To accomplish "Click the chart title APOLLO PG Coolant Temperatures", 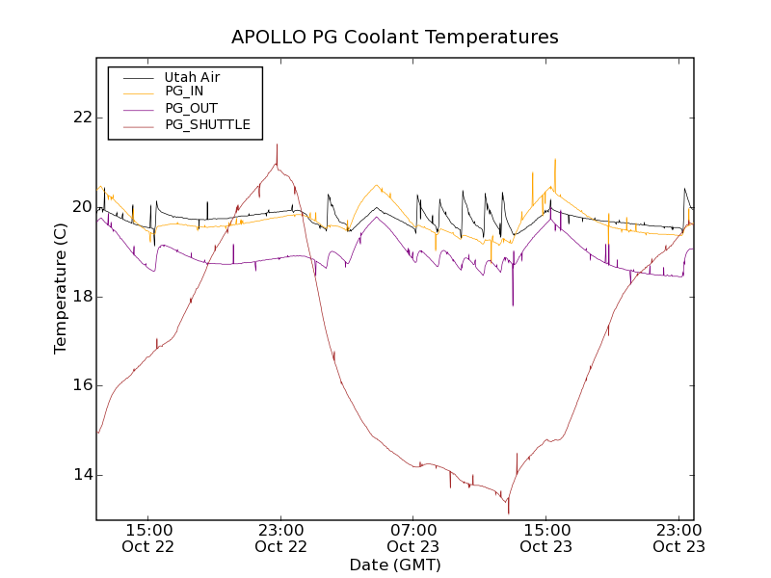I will click(394, 38).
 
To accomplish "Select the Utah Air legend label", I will click(192, 76).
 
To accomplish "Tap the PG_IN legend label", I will click(184, 92).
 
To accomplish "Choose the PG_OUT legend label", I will click(191, 108).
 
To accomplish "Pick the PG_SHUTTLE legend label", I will click(207, 124).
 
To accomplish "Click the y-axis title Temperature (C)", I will click(61, 288).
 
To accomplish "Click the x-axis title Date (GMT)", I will click(394, 565).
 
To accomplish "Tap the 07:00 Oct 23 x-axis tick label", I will click(413, 538).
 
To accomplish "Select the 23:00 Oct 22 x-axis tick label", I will click(280, 538).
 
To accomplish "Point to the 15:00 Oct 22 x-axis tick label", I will click(147, 538).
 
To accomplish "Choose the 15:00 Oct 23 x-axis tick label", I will click(546, 538).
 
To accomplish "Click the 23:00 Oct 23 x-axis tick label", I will click(678, 538).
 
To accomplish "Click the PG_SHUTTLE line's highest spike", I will click(277, 145).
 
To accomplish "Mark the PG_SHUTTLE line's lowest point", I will click(508, 512).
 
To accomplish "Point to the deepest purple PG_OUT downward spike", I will click(513, 304).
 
